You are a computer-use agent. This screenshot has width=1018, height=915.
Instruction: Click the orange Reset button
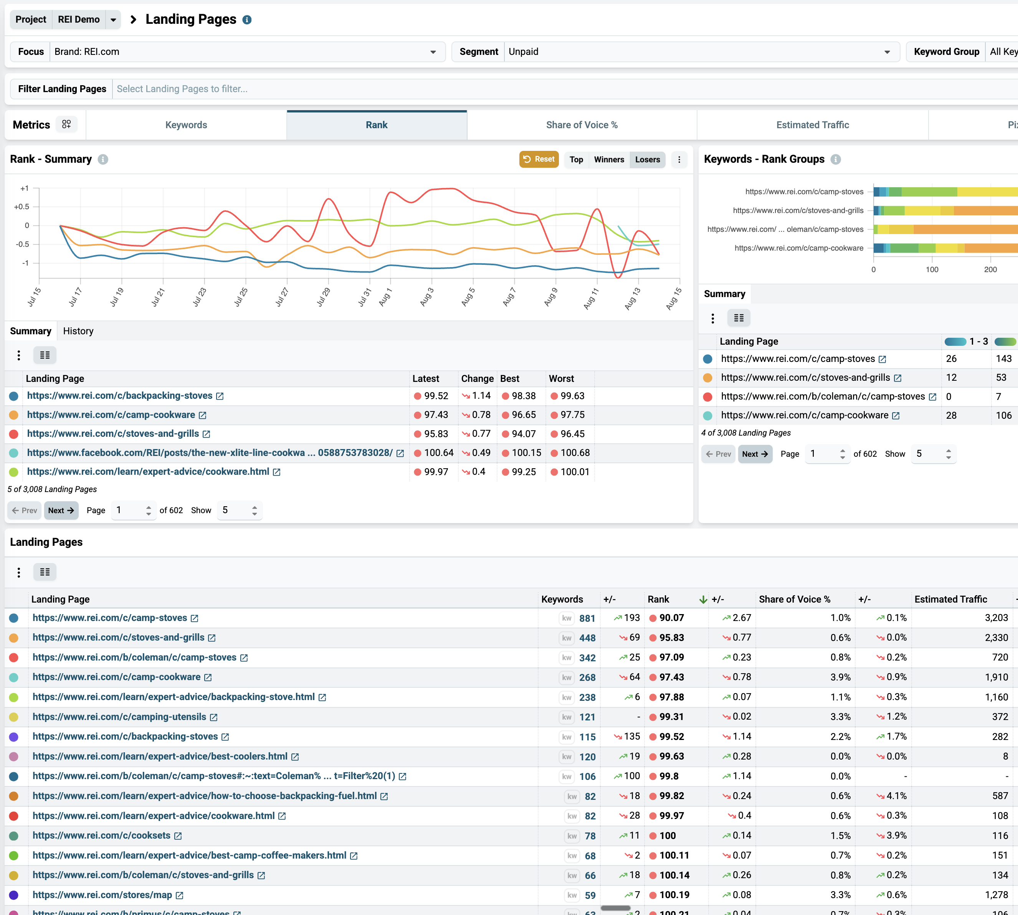click(539, 159)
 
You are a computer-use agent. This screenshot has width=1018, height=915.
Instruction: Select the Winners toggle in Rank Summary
click(609, 159)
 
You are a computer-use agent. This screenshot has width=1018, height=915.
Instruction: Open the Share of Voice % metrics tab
click(582, 125)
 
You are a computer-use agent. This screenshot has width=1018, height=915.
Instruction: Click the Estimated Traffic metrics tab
click(812, 125)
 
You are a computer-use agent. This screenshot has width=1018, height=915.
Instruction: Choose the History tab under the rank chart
click(78, 331)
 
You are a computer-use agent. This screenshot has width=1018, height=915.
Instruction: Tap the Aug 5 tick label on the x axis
click(468, 297)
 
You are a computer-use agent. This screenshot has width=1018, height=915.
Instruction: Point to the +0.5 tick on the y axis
click(21, 206)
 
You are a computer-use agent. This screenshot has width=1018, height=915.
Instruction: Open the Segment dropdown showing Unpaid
click(701, 52)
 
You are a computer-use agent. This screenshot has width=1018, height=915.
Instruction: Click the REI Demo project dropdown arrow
click(114, 20)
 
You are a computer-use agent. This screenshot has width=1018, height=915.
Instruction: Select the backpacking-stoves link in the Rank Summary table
click(120, 396)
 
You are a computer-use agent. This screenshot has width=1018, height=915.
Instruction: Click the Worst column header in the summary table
click(561, 378)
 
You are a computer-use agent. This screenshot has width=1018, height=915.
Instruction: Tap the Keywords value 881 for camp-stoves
click(587, 618)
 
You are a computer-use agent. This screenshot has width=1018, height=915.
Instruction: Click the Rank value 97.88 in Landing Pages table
click(672, 697)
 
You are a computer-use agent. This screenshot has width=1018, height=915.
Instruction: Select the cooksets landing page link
click(102, 836)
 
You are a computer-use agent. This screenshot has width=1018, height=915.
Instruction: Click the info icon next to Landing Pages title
click(247, 20)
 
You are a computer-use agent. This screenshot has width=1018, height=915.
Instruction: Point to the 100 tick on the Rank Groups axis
click(932, 269)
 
